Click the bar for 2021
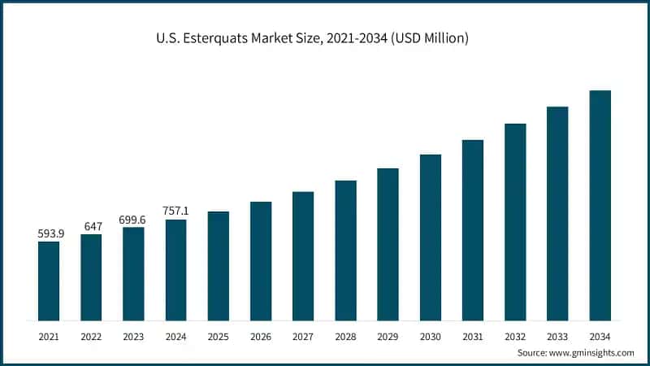tap(49, 281)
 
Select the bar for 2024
tap(175, 270)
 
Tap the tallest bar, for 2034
tap(600, 205)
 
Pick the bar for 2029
tap(388, 244)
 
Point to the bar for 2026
tap(261, 261)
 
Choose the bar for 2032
tap(515, 222)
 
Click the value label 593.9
tap(49, 234)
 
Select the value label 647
tap(91, 226)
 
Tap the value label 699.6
tap(133, 220)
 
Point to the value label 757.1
tap(175, 211)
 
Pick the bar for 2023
tap(133, 273)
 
